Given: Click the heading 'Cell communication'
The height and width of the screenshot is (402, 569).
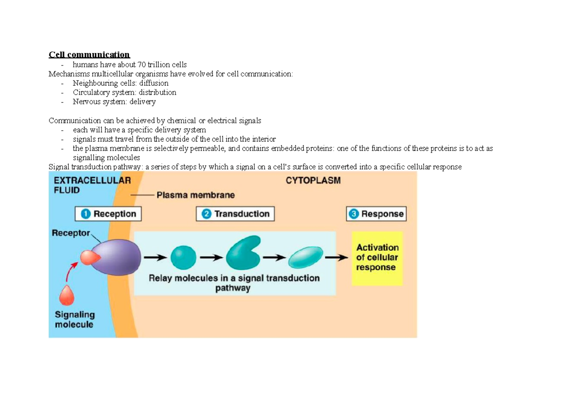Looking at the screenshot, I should click(89, 55).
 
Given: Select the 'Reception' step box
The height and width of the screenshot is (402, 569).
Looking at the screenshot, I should click(108, 214).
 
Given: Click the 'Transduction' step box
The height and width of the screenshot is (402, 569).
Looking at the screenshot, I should click(235, 214).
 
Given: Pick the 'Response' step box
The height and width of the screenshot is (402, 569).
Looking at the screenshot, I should click(376, 214).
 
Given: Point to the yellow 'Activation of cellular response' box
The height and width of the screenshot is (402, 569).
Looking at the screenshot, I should click(377, 257).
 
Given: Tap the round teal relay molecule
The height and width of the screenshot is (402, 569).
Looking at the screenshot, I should click(183, 257).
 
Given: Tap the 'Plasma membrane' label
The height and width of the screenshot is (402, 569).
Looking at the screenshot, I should click(195, 195).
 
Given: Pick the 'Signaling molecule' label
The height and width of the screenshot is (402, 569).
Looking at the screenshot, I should click(74, 320).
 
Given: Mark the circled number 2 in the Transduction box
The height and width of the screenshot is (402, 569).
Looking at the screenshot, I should click(206, 214).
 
